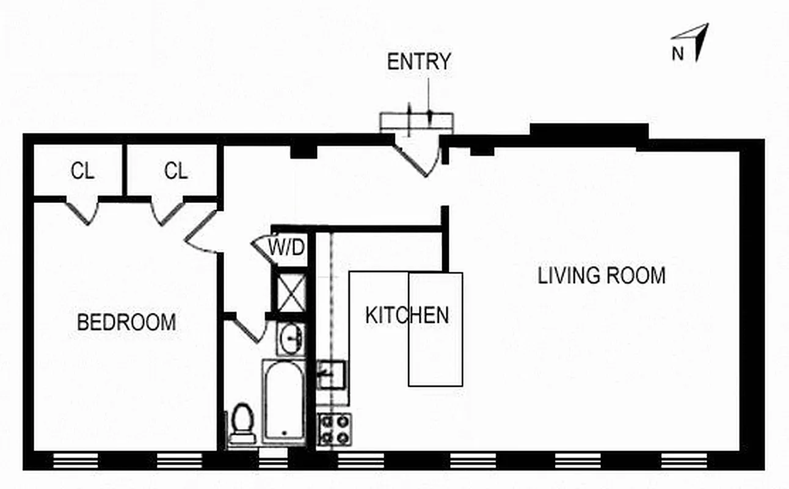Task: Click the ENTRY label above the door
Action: (x=419, y=62)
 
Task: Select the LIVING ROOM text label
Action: (x=601, y=276)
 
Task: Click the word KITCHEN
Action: (x=407, y=315)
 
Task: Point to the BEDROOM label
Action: (x=126, y=322)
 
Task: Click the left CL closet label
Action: (x=82, y=172)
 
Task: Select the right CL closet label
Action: (x=176, y=172)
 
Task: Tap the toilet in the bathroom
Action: (x=243, y=422)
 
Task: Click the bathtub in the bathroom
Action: (x=284, y=400)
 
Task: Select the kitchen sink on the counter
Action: (x=332, y=375)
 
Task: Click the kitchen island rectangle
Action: (x=435, y=329)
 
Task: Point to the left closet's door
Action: (x=83, y=211)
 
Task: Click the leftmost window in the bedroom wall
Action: (x=76, y=460)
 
